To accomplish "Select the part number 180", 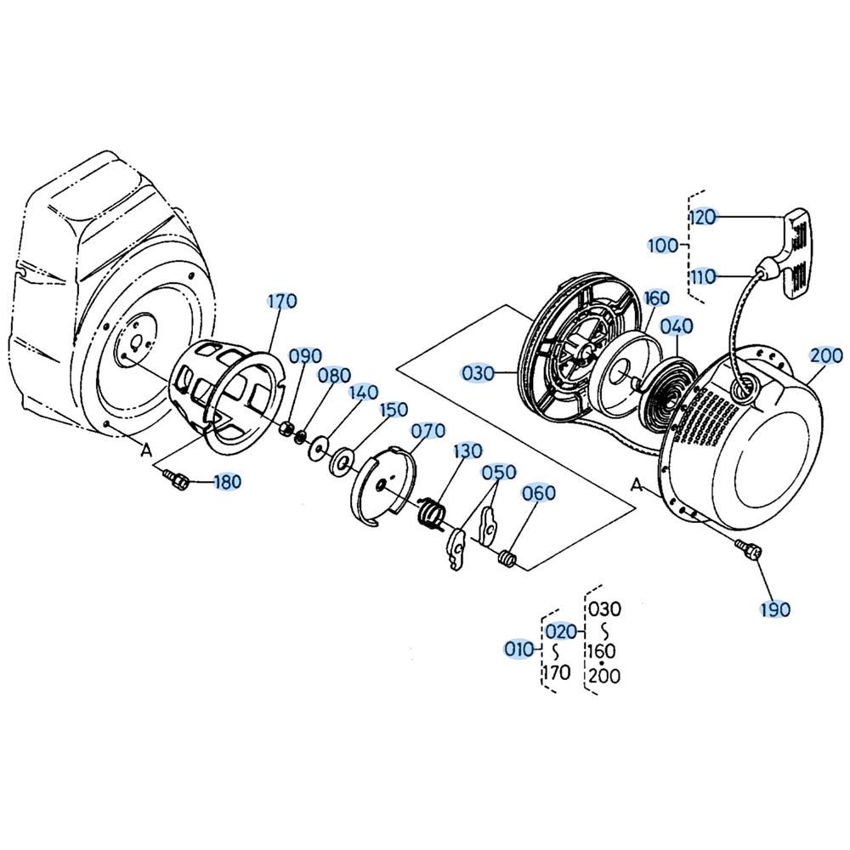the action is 227,481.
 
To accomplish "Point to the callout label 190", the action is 775,609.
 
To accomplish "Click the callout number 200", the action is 826,355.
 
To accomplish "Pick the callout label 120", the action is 703,217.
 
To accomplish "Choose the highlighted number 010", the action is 519,649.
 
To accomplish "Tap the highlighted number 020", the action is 560,631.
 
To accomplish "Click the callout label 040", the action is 677,326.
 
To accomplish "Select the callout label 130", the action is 467,451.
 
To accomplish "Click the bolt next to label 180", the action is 176,479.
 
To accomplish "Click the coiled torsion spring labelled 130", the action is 433,512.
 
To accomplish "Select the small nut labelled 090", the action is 286,428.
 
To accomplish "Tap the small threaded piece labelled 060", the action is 507,558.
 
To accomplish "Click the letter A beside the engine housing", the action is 146,449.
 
